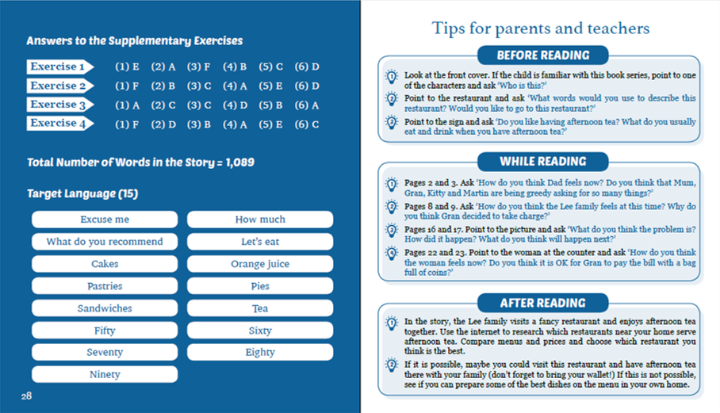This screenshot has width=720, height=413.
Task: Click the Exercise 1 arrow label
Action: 59,67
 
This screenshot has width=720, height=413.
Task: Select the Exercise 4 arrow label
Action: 59,124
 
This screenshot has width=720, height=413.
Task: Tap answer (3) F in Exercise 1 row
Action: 198,67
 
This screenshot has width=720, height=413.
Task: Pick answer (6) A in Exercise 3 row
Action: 307,105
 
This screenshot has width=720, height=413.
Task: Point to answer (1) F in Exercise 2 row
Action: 127,86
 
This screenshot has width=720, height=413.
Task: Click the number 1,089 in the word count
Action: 239,162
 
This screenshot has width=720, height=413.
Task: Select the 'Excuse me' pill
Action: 105,220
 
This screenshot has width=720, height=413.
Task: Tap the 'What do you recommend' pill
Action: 105,241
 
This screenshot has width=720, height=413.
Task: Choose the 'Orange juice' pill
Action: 260,264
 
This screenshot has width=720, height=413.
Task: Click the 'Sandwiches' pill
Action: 105,308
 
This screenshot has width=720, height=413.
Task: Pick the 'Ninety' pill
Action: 105,374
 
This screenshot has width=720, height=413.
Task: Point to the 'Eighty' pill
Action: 260,352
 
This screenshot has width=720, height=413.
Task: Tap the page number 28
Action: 26,396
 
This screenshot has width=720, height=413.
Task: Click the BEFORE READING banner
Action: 542,55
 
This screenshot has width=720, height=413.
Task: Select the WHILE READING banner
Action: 542,162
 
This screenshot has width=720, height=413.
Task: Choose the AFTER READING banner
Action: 542,303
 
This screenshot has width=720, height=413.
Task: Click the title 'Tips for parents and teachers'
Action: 541,29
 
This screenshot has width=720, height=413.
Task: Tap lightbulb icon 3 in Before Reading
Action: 392,123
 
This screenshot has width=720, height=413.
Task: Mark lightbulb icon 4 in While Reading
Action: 392,254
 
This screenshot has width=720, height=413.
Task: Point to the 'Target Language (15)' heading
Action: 82,193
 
